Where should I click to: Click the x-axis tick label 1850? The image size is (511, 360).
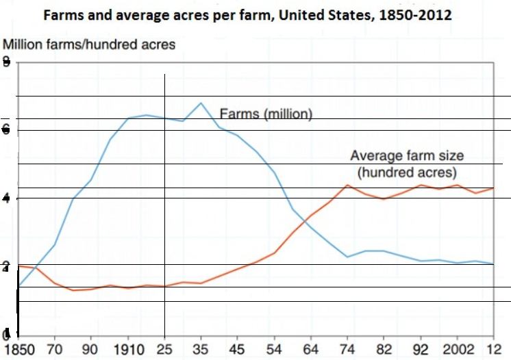[x=17, y=348]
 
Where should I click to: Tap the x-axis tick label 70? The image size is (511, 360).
[x=55, y=348]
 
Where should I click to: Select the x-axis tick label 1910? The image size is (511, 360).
[x=127, y=348]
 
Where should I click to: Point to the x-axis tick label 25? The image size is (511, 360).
[x=164, y=348]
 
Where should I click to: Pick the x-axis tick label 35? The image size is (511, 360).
[x=201, y=348]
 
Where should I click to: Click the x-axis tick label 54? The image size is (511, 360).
[x=274, y=348]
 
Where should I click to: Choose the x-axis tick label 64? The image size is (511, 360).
[x=311, y=348]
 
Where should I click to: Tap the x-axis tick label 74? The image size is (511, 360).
[x=348, y=348]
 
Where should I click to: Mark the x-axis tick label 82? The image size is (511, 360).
[x=384, y=348]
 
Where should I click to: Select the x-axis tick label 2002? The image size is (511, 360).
[x=457, y=348]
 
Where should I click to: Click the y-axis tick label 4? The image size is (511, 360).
[x=6, y=198]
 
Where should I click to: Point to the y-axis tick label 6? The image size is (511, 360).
[x=6, y=129]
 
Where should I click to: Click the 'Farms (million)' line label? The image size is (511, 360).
[x=266, y=114]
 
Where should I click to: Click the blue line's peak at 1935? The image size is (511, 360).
[x=201, y=103]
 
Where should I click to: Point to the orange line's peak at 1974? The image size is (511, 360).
[x=348, y=185]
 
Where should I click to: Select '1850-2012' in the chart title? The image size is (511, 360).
[x=415, y=14]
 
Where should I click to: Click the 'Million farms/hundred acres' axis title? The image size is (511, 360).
[x=90, y=44]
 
